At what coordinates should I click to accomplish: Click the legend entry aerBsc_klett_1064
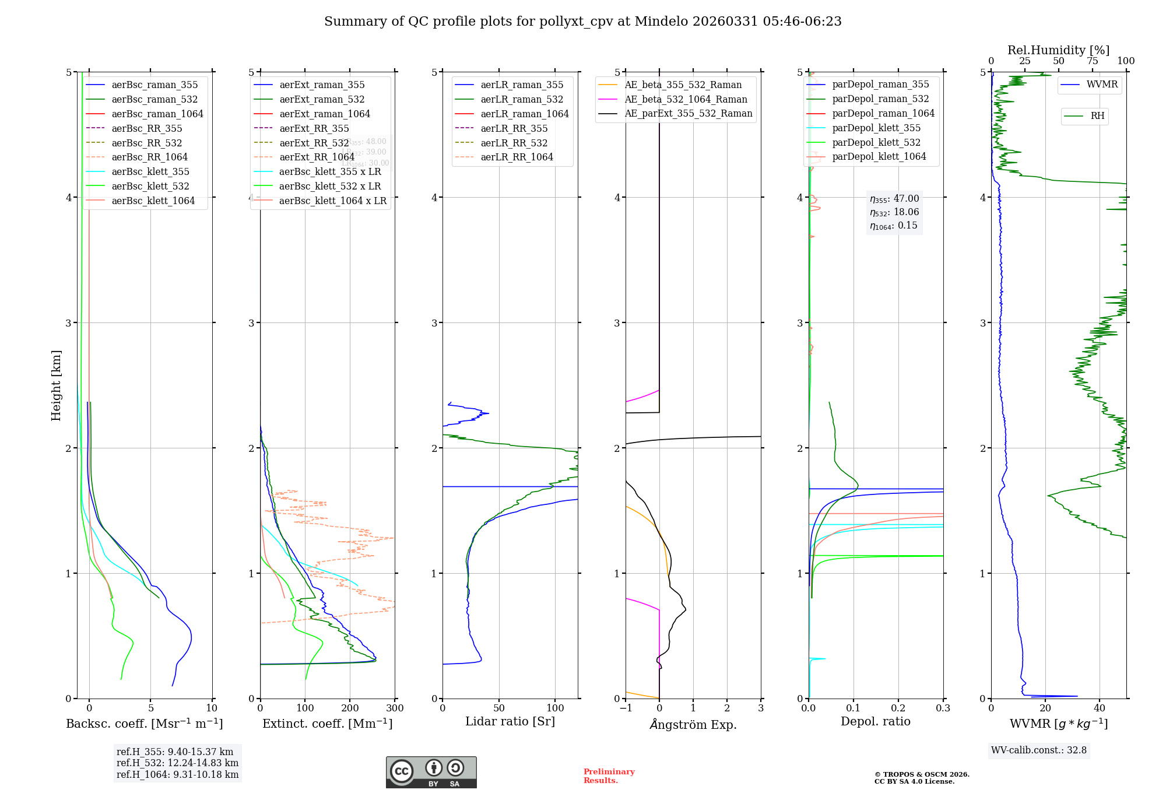pyautogui.click(x=153, y=201)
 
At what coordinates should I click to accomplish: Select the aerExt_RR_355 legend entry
pyautogui.click(x=314, y=128)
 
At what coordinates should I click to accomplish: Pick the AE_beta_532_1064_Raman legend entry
pyautogui.click(x=686, y=99)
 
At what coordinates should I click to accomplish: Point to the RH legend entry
pyautogui.click(x=1097, y=116)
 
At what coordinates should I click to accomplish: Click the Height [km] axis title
pyautogui.click(x=56, y=385)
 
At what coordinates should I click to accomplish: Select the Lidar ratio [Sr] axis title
pyautogui.click(x=510, y=721)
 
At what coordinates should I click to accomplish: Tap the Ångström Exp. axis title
pyautogui.click(x=693, y=724)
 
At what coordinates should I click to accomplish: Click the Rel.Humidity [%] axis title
pyautogui.click(x=1058, y=50)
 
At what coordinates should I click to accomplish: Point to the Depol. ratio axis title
pyautogui.click(x=875, y=721)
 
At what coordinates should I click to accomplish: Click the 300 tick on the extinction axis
pyautogui.click(x=395, y=708)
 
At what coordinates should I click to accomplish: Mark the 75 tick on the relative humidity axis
pyautogui.click(x=1092, y=61)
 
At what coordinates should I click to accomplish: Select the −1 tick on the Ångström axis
pyautogui.click(x=626, y=708)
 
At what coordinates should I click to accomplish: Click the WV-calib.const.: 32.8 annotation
pyautogui.click(x=1038, y=750)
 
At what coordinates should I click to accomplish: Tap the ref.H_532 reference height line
pyautogui.click(x=177, y=763)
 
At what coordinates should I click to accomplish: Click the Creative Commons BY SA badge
pyautogui.click(x=431, y=772)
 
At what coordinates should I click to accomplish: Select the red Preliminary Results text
pyautogui.click(x=609, y=776)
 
